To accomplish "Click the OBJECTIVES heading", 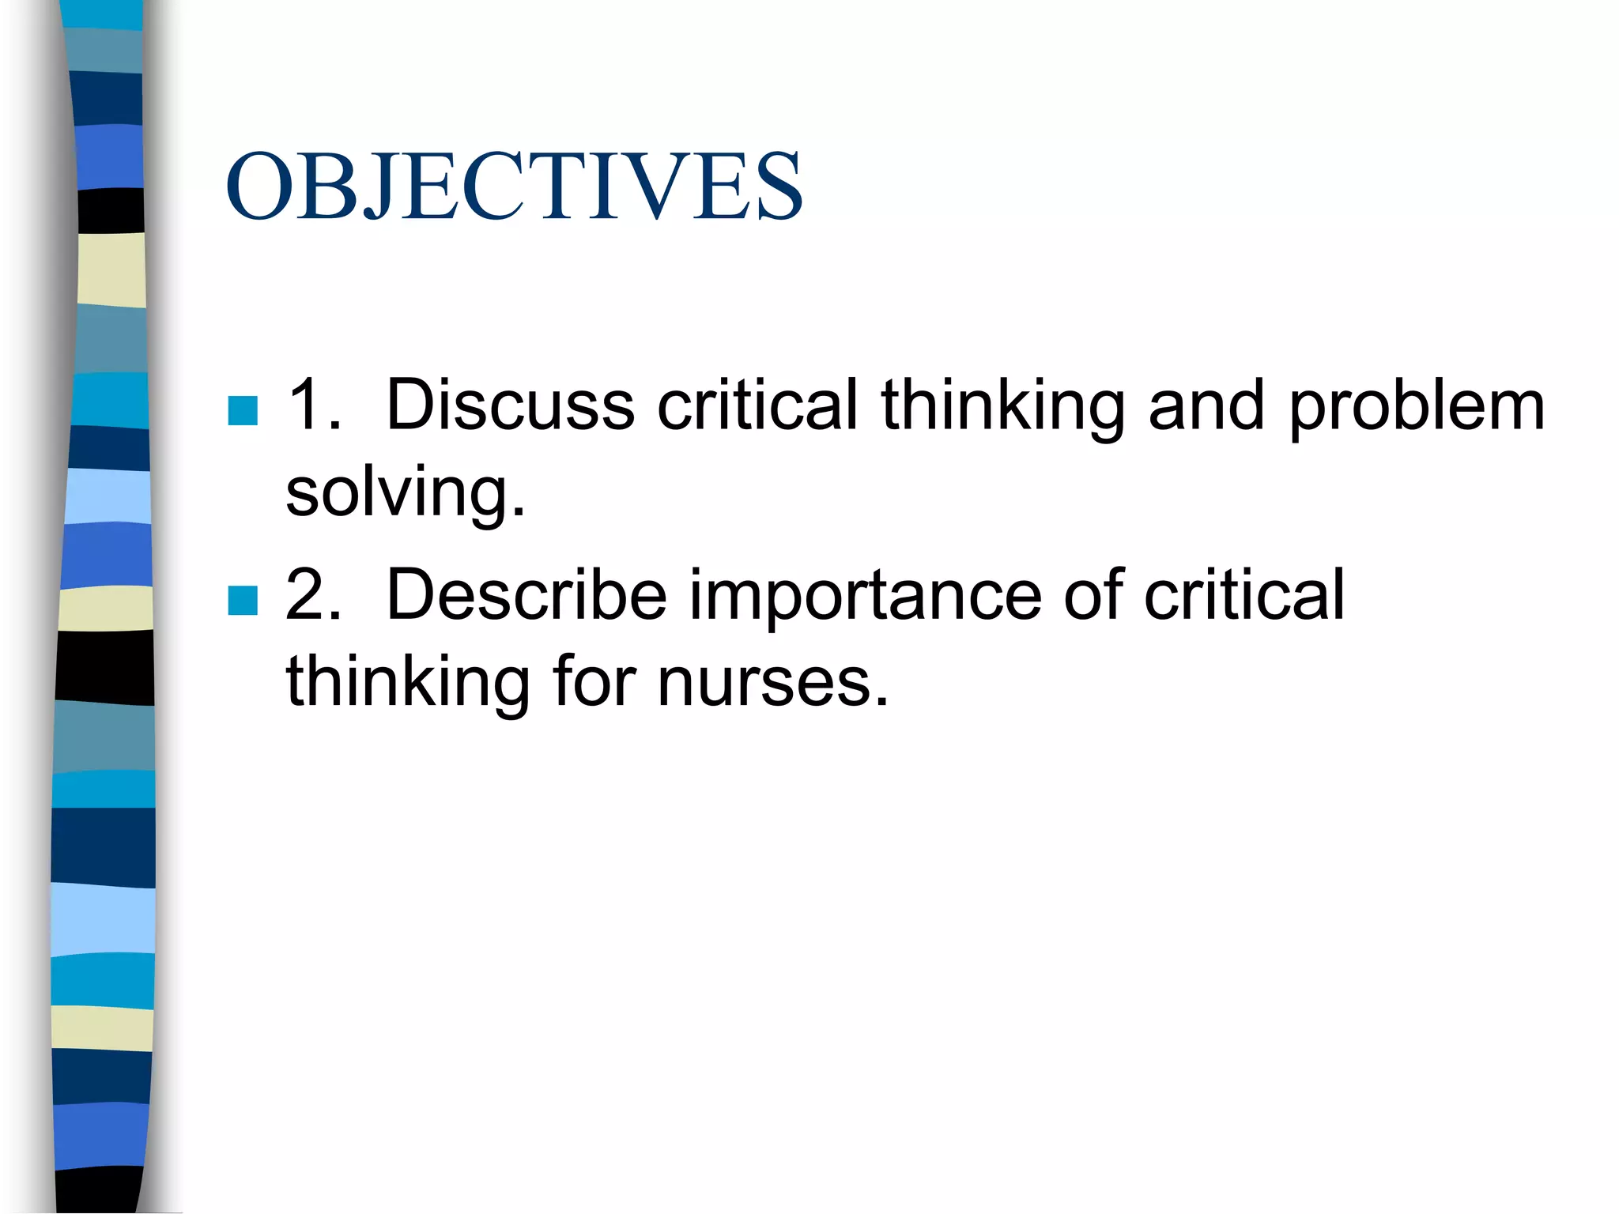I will (514, 187).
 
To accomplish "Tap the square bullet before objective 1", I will (243, 410).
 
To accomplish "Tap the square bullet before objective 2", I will (243, 600).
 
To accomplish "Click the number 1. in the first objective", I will (314, 405).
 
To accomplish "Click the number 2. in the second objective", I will (314, 594).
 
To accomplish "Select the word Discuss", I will (510, 405).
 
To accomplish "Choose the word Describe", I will (526, 594).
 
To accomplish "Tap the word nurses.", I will (773, 681).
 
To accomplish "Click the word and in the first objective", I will (1206, 405).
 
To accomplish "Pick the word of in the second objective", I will (1093, 594).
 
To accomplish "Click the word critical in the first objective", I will (757, 405).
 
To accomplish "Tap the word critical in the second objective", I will (1244, 594).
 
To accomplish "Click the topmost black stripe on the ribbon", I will (111, 210).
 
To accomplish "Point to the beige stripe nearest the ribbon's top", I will (111, 270).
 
